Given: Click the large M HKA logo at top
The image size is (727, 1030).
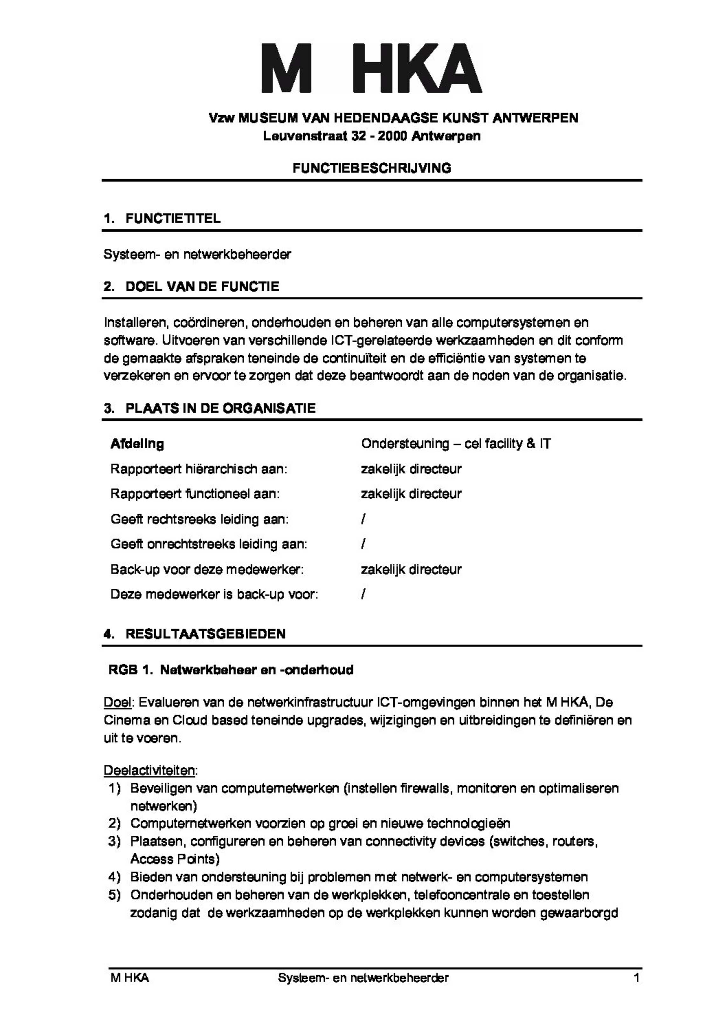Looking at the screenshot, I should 371,68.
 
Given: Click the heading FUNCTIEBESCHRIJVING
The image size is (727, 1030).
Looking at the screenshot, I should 371,168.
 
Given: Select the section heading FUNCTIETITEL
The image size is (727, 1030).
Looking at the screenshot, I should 173,219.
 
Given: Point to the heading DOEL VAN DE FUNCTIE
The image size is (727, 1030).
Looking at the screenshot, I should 202,286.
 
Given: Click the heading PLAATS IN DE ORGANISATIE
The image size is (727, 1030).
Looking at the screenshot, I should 220,408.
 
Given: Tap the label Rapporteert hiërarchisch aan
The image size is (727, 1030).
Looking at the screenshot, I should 198,469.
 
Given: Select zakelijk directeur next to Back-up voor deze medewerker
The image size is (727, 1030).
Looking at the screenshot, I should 411,569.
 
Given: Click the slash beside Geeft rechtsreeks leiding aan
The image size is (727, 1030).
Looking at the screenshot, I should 363,520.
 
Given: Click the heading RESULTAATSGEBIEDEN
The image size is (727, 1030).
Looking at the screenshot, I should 205,634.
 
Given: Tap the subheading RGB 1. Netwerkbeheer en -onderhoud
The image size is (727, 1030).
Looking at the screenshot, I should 231,670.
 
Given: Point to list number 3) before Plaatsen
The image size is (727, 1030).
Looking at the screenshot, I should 114,841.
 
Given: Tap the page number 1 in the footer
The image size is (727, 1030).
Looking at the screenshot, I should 636,978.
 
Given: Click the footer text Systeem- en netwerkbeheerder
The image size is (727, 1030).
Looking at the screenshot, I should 363,978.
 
